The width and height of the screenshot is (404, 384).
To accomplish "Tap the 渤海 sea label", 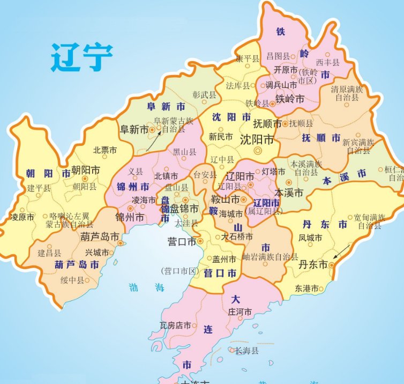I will point(146,287).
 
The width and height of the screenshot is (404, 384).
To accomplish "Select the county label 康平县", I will point(248,58).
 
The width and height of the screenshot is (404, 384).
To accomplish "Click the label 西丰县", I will point(328,63).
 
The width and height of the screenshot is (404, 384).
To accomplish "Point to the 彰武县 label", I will point(204,95).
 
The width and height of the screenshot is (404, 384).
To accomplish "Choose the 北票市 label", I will point(104,150).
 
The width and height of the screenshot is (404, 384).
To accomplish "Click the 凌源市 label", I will point(23,217).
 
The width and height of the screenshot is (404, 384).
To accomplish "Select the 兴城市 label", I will point(96,253).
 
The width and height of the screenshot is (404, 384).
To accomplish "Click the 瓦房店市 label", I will point(175,326).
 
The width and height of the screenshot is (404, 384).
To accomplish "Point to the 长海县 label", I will point(246,350).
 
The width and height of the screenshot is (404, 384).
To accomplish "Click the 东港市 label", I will point(306,289).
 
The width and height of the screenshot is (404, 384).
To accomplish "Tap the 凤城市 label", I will point(311,238).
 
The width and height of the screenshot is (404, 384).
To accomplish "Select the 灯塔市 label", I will point(274,172).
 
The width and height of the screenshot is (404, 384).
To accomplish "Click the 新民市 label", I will point(221,137).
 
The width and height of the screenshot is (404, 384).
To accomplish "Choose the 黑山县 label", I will point(185,152).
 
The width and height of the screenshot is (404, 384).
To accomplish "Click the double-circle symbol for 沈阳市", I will point(258,151).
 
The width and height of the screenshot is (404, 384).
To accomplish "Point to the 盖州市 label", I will point(224,259).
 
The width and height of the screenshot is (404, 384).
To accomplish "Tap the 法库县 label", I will point(238,86).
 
